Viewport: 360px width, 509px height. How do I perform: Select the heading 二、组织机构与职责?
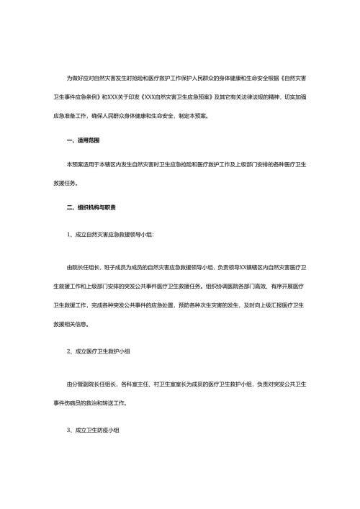(91, 208)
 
